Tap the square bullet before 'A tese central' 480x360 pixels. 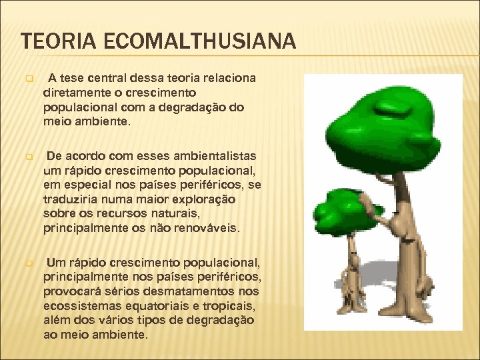(29, 79)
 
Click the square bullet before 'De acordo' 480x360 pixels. (29, 157)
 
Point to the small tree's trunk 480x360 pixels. (349, 267)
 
